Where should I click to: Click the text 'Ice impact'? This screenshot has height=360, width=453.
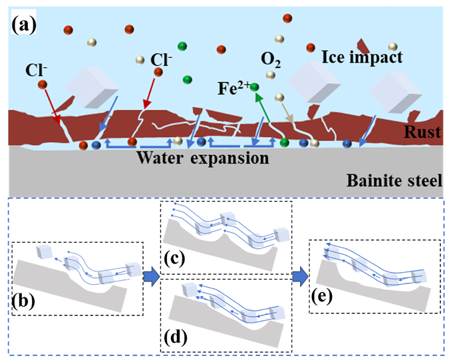coord(362,58)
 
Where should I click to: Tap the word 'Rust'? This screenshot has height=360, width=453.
coord(424,133)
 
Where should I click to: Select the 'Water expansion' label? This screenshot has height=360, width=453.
coord(204,159)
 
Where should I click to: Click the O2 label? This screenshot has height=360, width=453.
coord(270,63)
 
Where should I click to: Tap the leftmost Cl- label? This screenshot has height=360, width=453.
coord(36,69)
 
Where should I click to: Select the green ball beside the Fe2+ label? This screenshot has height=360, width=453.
coord(254,87)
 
